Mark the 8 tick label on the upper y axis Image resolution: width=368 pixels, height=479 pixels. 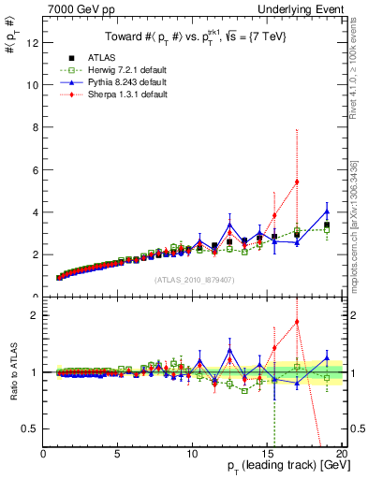[x=36, y=127]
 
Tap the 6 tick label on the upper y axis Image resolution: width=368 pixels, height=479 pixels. [x=36, y=169]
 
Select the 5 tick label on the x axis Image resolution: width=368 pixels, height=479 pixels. [x=118, y=454]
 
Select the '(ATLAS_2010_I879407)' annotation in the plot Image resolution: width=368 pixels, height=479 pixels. [x=194, y=279]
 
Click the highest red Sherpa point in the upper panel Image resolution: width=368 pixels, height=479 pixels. [x=297, y=181]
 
